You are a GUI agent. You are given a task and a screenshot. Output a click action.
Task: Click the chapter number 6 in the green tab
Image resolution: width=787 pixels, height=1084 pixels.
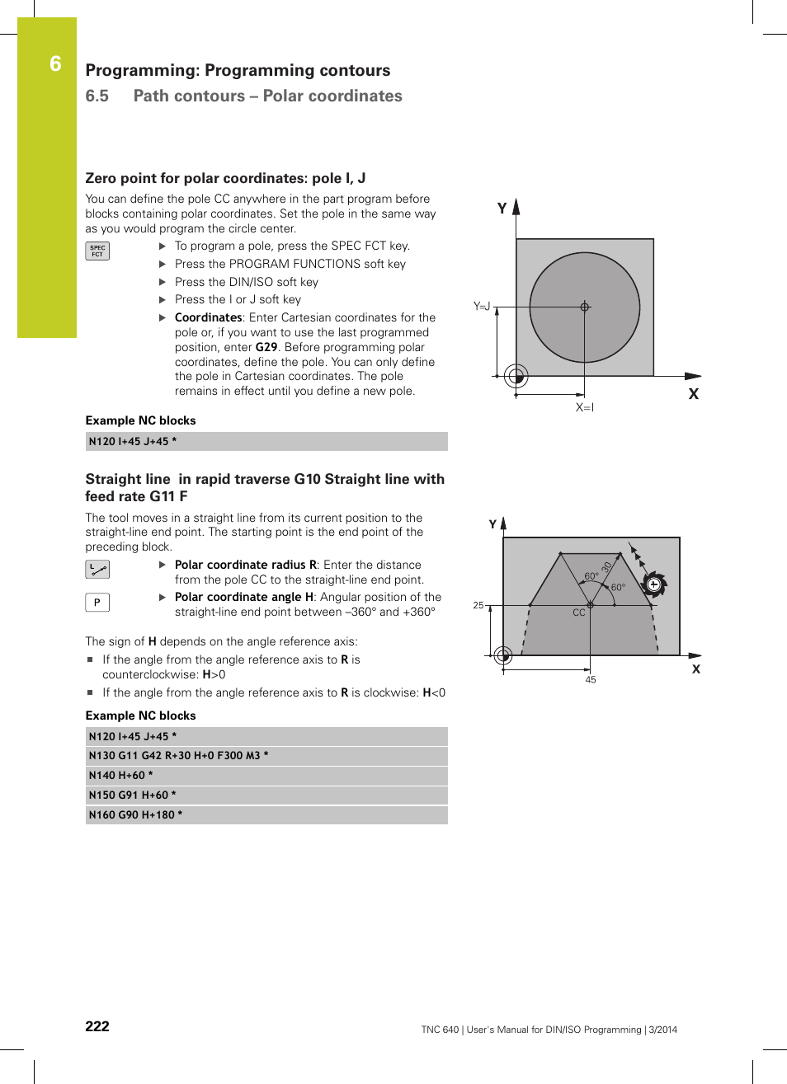click(55, 64)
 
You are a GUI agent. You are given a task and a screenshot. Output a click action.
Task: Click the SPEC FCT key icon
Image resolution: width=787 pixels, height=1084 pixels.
click(97, 251)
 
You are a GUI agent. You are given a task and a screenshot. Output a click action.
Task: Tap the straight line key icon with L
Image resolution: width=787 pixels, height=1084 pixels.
click(97, 570)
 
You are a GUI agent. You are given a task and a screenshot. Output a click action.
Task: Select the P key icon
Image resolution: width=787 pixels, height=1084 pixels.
click(97, 603)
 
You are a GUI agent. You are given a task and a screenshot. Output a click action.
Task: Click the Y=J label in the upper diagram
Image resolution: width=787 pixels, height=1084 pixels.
click(482, 307)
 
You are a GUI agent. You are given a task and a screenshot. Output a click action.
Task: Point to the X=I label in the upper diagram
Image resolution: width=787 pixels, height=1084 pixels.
click(585, 407)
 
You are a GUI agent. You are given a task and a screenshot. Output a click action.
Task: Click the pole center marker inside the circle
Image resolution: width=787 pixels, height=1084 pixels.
click(585, 307)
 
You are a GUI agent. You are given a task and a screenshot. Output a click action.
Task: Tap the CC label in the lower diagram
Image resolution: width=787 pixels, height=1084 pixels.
click(579, 612)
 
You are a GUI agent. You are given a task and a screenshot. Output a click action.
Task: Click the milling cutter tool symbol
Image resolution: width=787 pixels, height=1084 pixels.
click(653, 585)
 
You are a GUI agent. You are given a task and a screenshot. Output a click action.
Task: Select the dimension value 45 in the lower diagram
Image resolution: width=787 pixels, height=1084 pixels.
click(591, 680)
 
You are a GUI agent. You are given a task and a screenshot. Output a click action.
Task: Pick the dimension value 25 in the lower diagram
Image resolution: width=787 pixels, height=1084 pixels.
click(478, 605)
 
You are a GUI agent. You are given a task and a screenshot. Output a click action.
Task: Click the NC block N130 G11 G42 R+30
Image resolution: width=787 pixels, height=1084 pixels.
click(178, 756)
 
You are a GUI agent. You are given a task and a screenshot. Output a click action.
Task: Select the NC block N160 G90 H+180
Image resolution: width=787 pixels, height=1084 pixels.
click(136, 815)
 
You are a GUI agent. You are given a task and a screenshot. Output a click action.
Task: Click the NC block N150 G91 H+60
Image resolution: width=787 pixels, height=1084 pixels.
click(133, 795)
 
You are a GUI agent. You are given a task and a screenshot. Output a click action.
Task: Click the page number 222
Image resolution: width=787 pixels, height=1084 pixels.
click(97, 1026)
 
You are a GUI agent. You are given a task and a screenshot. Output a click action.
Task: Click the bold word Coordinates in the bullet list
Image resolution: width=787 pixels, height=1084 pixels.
click(208, 317)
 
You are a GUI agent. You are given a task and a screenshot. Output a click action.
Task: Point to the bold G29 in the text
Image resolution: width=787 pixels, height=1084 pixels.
click(266, 347)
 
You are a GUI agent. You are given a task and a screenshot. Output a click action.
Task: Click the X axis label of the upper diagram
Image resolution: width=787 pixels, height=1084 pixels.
click(694, 394)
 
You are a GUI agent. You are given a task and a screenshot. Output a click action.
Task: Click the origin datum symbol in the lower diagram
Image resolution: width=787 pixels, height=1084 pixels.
click(503, 655)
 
